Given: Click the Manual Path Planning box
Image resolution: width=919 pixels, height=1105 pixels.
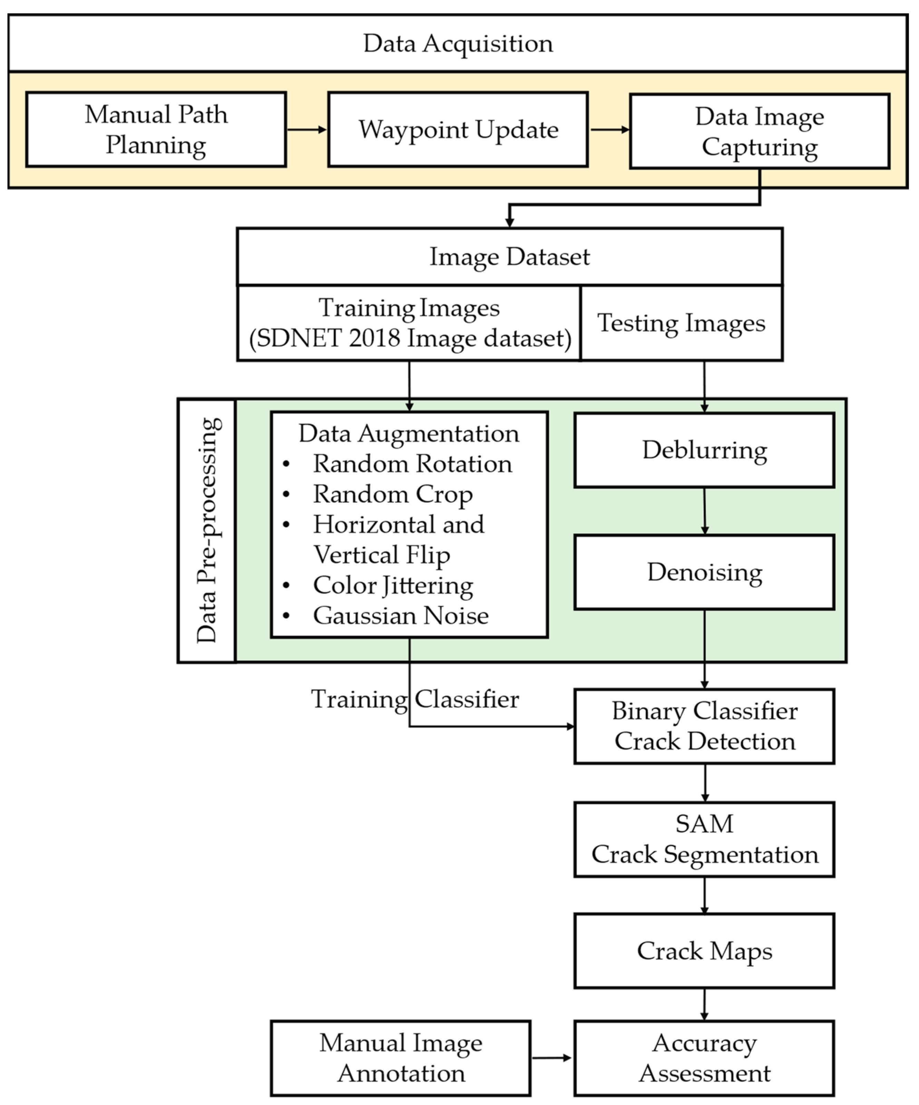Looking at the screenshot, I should coord(156,129).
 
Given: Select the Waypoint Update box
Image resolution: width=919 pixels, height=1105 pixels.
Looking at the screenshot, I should coord(458,129).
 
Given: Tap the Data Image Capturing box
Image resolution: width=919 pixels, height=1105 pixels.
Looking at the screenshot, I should coord(759,131).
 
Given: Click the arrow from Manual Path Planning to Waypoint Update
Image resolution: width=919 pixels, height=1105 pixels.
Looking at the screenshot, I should coord(307,129).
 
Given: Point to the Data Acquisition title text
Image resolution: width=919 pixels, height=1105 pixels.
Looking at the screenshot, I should coord(458,43).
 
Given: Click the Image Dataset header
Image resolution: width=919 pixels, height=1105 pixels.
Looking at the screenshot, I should coord(509,257).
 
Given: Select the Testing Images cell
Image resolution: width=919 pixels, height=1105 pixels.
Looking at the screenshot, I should coord(681,323).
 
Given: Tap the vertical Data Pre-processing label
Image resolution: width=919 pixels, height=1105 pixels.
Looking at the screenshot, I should coord(207,530).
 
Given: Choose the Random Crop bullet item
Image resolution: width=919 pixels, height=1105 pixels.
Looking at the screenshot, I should coord(392,494).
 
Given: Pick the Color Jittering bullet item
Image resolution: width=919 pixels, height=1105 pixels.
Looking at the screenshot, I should coord(392,585).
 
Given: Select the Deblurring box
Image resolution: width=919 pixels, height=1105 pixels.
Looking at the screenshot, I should coord(704,450).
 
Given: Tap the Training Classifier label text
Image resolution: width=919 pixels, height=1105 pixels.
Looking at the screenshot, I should coord(414,699).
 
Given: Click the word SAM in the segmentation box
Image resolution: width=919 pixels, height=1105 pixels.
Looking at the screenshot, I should coord(704,824).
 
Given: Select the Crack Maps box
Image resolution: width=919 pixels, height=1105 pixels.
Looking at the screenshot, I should coord(704,951).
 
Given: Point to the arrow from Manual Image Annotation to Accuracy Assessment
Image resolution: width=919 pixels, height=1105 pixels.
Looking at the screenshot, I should coord(551,1058).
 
